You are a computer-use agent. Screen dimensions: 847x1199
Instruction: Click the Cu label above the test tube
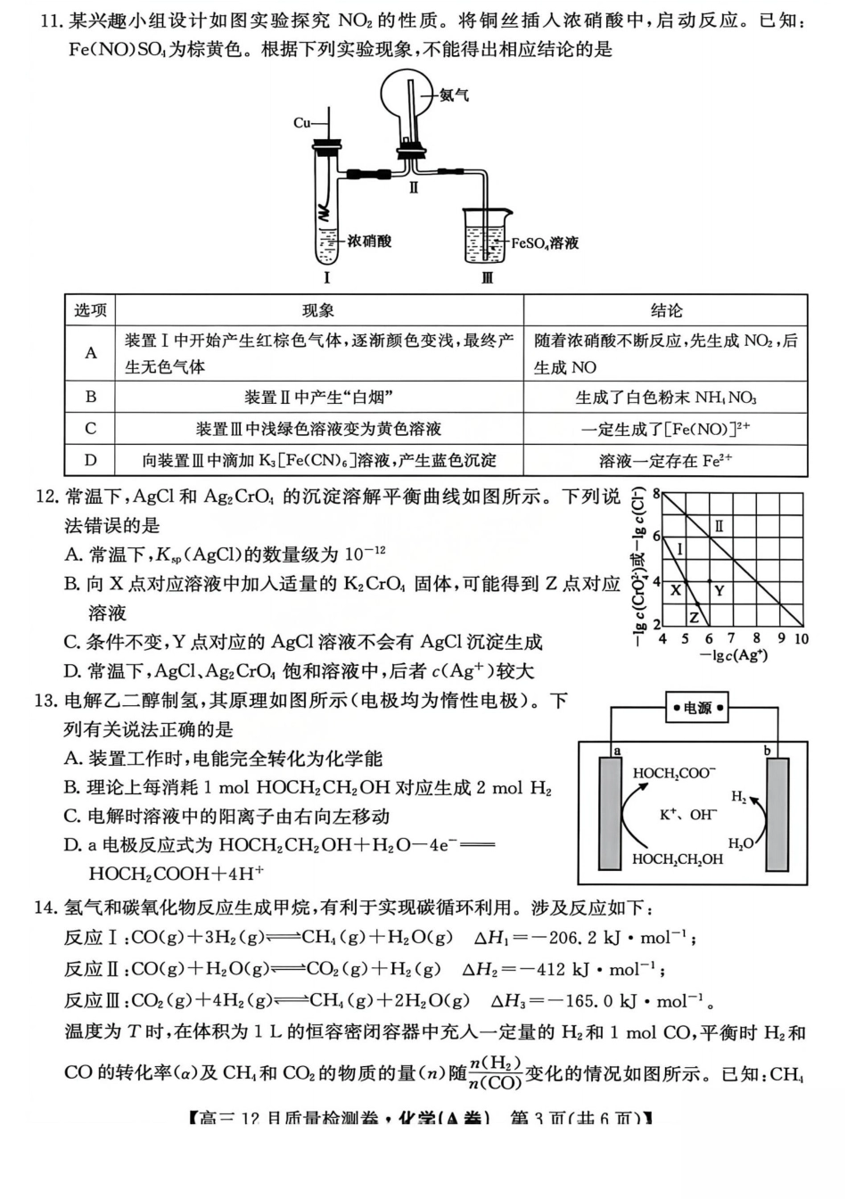point(301,123)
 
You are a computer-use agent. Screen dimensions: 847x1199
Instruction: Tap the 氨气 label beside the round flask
point(454,94)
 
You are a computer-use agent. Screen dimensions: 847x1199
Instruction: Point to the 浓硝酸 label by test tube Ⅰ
point(369,241)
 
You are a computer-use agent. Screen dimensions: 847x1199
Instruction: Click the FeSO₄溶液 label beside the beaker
point(545,242)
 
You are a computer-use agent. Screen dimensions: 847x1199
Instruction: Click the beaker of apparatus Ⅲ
point(485,237)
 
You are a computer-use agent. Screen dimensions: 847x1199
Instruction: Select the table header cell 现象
point(318,310)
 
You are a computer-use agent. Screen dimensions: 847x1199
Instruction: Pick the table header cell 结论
point(665,310)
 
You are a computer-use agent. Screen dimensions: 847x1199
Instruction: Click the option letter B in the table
point(90,397)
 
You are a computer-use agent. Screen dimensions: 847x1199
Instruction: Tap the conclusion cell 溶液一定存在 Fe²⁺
point(665,460)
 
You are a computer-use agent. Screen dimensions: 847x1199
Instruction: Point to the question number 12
point(46,497)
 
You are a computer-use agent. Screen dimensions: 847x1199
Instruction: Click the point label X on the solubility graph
point(676,590)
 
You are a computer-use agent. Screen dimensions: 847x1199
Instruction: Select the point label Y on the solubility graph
point(719,590)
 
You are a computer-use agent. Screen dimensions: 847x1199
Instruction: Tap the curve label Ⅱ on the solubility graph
point(719,526)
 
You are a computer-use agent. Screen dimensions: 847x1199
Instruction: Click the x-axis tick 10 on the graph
point(801,638)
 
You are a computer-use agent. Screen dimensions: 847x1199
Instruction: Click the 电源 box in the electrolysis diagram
point(698,708)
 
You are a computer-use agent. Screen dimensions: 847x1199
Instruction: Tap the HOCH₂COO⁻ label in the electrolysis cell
point(674,774)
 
